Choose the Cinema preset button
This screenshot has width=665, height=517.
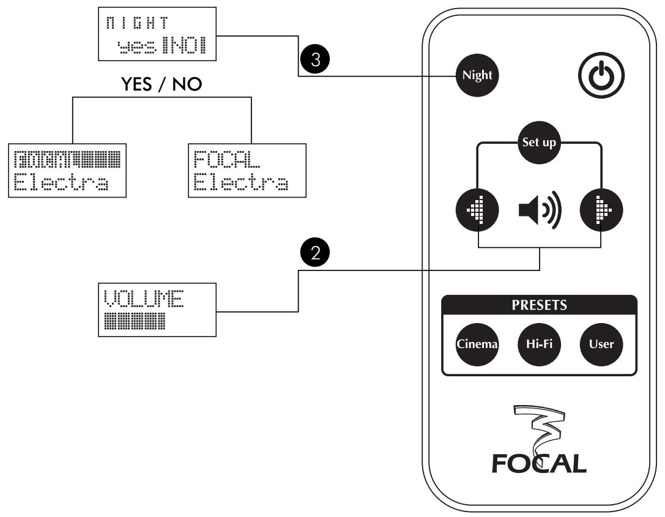pos(476,343)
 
